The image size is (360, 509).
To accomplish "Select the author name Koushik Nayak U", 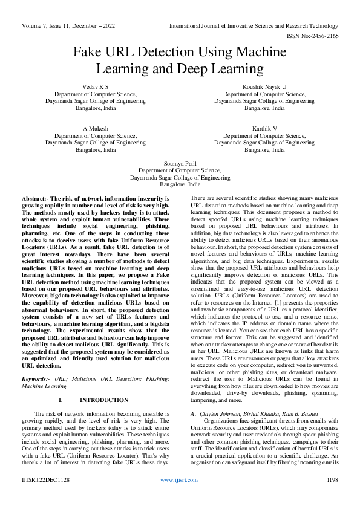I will (x=264, y=88).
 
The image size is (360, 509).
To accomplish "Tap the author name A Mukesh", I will (x=95, y=129).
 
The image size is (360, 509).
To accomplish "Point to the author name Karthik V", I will (x=264, y=129).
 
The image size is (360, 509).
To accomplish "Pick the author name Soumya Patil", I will (x=180, y=164).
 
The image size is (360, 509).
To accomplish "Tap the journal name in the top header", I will (x=254, y=26).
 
